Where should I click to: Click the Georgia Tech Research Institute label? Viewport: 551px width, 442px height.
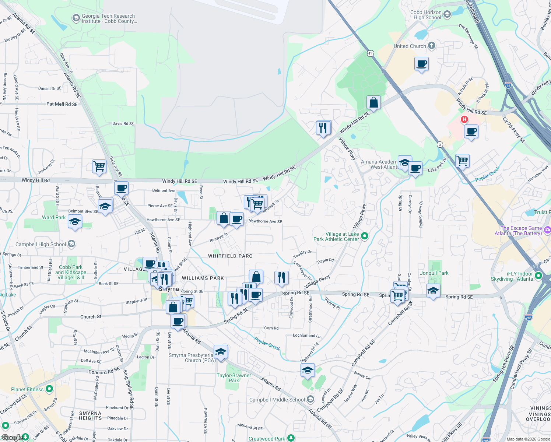(x=108, y=18)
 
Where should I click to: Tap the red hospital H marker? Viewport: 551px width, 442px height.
(x=464, y=119)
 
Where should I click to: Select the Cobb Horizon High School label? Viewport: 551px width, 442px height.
(x=427, y=15)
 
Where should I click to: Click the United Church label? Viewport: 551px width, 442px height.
(x=410, y=46)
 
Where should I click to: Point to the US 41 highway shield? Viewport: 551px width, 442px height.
(x=370, y=53)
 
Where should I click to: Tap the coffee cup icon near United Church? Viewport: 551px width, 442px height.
(x=421, y=64)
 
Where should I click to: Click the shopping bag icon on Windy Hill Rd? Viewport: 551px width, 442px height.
(x=373, y=103)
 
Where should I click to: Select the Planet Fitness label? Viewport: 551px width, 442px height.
(x=27, y=389)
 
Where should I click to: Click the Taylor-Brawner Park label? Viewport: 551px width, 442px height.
(x=234, y=378)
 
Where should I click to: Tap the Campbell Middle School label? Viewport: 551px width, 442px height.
(x=277, y=400)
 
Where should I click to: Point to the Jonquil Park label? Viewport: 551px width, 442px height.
(x=434, y=273)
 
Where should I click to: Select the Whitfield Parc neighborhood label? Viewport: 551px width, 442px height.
(x=230, y=256)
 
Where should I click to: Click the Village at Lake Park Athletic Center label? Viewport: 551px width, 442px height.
(x=336, y=236)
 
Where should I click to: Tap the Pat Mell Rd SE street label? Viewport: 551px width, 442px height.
(x=62, y=104)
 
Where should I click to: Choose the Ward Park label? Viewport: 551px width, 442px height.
(x=54, y=217)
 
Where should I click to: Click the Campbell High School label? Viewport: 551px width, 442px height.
(x=41, y=244)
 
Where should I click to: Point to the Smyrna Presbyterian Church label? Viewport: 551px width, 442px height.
(x=192, y=358)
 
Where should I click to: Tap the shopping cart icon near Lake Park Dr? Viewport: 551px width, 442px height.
(x=462, y=161)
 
